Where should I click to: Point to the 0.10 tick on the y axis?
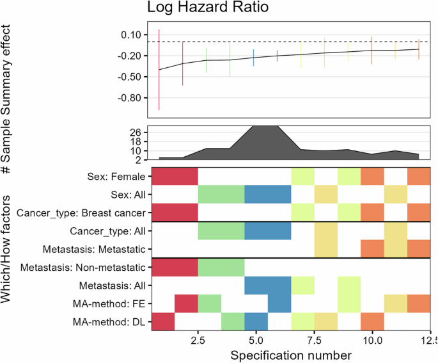tap(131, 35)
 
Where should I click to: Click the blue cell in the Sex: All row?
tap(267, 194)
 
